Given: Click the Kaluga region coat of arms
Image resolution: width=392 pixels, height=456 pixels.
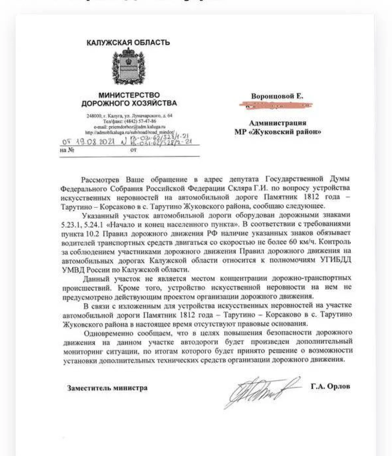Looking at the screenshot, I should pyautogui.click(x=128, y=67).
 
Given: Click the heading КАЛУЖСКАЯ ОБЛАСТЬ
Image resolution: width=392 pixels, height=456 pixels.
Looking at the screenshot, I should pyautogui.click(x=128, y=42).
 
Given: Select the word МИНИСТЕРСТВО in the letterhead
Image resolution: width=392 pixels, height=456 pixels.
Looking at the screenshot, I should pyautogui.click(x=129, y=95).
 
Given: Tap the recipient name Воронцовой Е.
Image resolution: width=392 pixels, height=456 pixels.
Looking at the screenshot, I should pyautogui.click(x=277, y=96).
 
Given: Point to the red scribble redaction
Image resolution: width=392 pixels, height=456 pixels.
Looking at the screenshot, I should pyautogui.click(x=275, y=105).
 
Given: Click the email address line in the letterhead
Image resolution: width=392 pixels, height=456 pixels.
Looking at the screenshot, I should pyautogui.click(x=130, y=127).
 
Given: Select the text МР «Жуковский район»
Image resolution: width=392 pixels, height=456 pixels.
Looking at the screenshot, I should pyautogui.click(x=278, y=132).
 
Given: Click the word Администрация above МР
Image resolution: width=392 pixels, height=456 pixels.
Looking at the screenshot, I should pyautogui.click(x=278, y=123).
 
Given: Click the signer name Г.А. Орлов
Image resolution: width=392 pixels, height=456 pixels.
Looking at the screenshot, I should pyautogui.click(x=330, y=386).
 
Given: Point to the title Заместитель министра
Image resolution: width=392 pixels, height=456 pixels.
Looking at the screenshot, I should pyautogui.click(x=107, y=388).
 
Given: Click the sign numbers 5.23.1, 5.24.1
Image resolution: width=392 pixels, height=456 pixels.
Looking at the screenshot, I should pyautogui.click(x=83, y=224).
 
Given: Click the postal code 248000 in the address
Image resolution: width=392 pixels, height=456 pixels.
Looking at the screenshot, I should pyautogui.click(x=94, y=116).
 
